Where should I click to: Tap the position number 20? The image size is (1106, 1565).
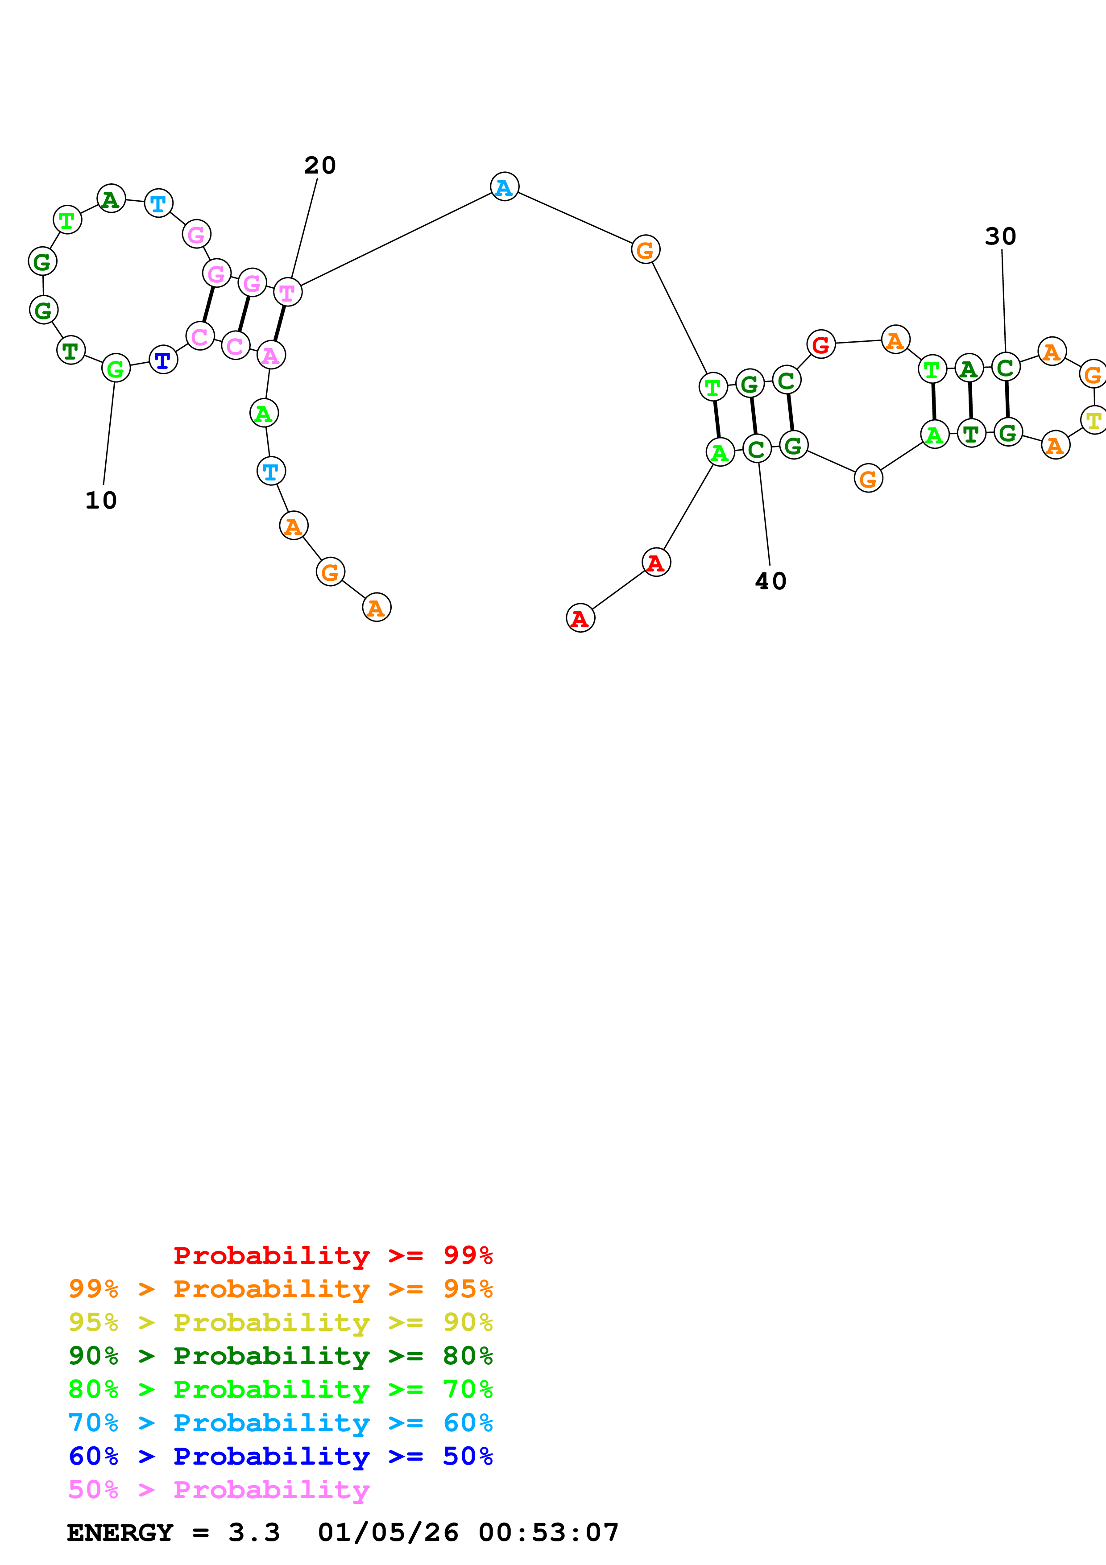click(x=319, y=166)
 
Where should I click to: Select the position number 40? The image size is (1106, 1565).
click(x=771, y=581)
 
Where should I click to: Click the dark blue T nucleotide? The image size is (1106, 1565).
click(x=163, y=360)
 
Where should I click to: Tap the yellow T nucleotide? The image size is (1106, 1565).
click(x=1093, y=420)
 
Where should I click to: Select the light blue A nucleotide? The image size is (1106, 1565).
click(x=504, y=187)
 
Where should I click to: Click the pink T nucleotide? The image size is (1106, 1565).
click(x=288, y=292)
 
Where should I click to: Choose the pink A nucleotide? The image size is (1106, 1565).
click(x=270, y=355)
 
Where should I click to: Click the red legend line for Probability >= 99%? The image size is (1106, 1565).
click(x=332, y=1255)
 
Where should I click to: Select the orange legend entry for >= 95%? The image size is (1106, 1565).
click(x=280, y=1289)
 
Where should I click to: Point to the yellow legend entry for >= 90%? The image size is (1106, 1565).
click(x=280, y=1322)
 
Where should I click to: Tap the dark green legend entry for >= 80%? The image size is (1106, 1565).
click(x=280, y=1356)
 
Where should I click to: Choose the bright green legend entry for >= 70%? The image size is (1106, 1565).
click(x=280, y=1389)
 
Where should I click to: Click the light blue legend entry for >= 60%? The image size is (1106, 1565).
click(x=280, y=1423)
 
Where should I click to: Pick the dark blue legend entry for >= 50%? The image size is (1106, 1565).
click(x=280, y=1456)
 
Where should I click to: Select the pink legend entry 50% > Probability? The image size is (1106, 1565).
click(x=219, y=1489)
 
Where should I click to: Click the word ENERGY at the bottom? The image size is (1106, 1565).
click(x=119, y=1532)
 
